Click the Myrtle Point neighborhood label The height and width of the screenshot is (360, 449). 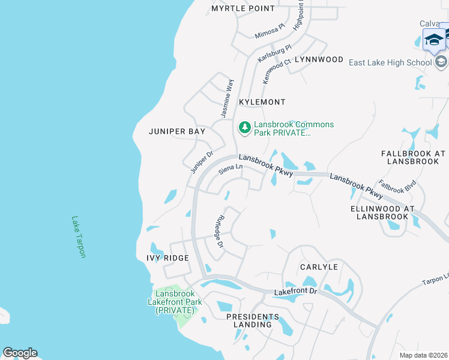243,8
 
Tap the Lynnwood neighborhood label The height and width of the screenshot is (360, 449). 315,60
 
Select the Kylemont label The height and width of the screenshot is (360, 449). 262,102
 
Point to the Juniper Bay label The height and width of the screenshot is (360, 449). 177,131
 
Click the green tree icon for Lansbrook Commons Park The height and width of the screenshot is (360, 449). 244,127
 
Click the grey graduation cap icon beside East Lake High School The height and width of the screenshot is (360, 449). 441,62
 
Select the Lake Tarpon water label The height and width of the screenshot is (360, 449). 79,237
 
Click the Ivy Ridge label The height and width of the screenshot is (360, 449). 167,258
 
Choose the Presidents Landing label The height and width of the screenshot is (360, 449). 253,320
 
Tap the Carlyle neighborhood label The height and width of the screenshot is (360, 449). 319,266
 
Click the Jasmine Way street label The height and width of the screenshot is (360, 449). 226,98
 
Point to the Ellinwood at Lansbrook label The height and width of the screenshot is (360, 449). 382,212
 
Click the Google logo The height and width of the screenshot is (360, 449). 20,353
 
